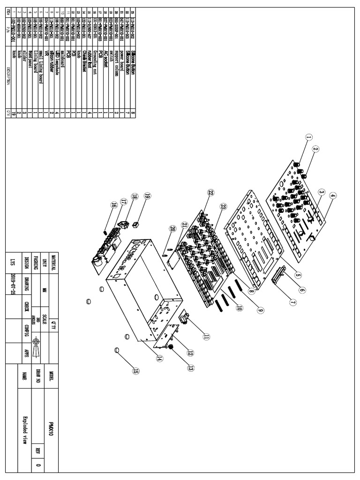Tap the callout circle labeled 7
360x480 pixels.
pyautogui.click(x=292, y=303)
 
